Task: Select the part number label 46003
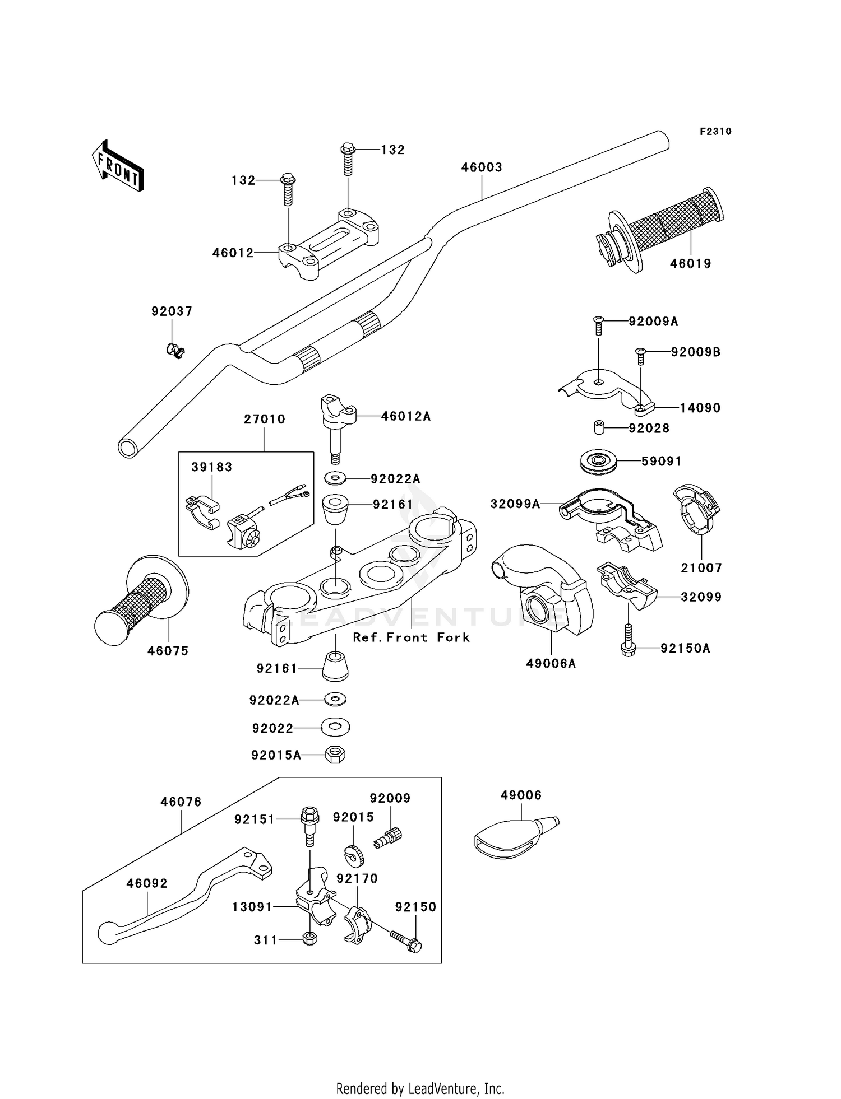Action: tap(482, 167)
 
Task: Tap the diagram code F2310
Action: tap(715, 132)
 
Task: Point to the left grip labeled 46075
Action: tap(140, 602)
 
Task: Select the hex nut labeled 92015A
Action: tap(335, 755)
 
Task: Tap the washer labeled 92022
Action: tap(335, 728)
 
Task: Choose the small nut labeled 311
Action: tap(309, 938)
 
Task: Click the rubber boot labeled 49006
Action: tap(513, 836)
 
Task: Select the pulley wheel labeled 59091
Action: tap(598, 462)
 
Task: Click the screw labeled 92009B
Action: tap(641, 355)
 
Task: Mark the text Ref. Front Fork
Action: tap(411, 637)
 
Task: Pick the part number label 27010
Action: tap(265, 419)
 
